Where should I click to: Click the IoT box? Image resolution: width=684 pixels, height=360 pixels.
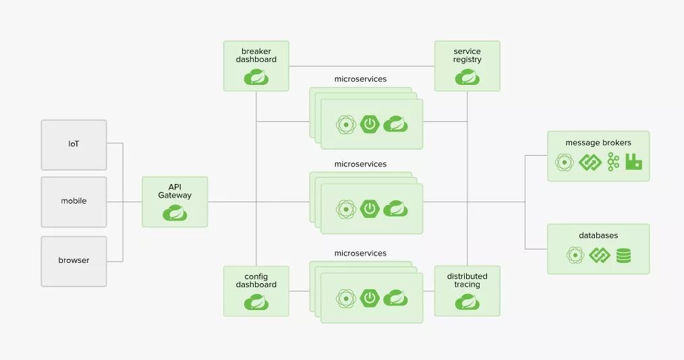click(x=74, y=144)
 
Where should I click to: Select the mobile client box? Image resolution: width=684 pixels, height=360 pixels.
click(x=74, y=201)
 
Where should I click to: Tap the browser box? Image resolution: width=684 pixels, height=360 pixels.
click(x=74, y=260)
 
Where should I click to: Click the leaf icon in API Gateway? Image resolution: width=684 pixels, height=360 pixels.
click(x=175, y=214)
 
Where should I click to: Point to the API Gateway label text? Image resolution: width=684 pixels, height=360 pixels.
click(x=175, y=191)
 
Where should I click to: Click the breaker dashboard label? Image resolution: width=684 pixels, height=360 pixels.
click(x=256, y=55)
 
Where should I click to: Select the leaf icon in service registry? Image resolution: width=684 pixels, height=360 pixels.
click(x=467, y=78)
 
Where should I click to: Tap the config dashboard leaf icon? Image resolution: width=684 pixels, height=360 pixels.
click(x=256, y=302)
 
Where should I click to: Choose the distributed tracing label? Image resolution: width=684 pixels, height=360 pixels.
click(x=467, y=280)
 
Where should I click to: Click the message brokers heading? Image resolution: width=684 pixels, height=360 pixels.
click(x=598, y=143)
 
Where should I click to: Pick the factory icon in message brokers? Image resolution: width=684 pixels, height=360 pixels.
click(x=633, y=162)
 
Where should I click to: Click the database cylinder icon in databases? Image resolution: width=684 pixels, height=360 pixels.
click(x=623, y=255)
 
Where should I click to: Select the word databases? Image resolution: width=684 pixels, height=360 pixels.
click(x=598, y=235)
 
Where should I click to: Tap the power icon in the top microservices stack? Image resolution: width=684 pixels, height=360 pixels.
click(x=370, y=124)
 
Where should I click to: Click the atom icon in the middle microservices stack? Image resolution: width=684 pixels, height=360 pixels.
click(x=346, y=208)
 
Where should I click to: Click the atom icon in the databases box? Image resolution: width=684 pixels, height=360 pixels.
click(x=575, y=255)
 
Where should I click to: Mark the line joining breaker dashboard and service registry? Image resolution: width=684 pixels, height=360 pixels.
click(x=362, y=66)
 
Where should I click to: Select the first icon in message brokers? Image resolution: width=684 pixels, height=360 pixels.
click(x=564, y=162)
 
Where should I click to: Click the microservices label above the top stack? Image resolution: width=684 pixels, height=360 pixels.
click(x=360, y=79)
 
